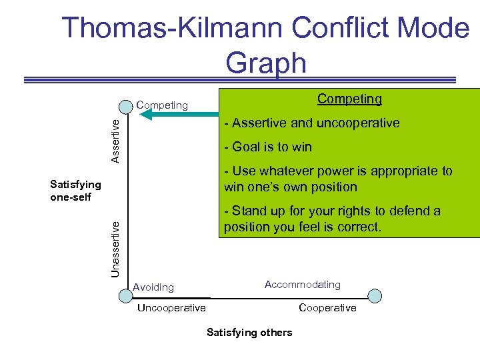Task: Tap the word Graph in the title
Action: pos(265,63)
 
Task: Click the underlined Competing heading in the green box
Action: pos(349,99)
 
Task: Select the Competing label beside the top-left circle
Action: pos(162,105)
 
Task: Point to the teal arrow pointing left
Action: pos(180,114)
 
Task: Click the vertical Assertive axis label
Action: pos(115,140)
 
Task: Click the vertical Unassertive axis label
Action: pos(115,249)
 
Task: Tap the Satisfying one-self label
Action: pos(75,191)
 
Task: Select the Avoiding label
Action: pos(153,287)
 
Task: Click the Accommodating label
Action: pos(302,285)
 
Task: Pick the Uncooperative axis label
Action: pos(171,308)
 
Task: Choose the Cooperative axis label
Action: pos(327,308)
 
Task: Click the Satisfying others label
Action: pos(249,332)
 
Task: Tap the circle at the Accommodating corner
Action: pos(375,295)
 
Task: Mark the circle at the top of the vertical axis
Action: pos(127,106)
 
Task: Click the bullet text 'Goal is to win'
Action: pos(268,147)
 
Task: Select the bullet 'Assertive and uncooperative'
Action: pos(312,123)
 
